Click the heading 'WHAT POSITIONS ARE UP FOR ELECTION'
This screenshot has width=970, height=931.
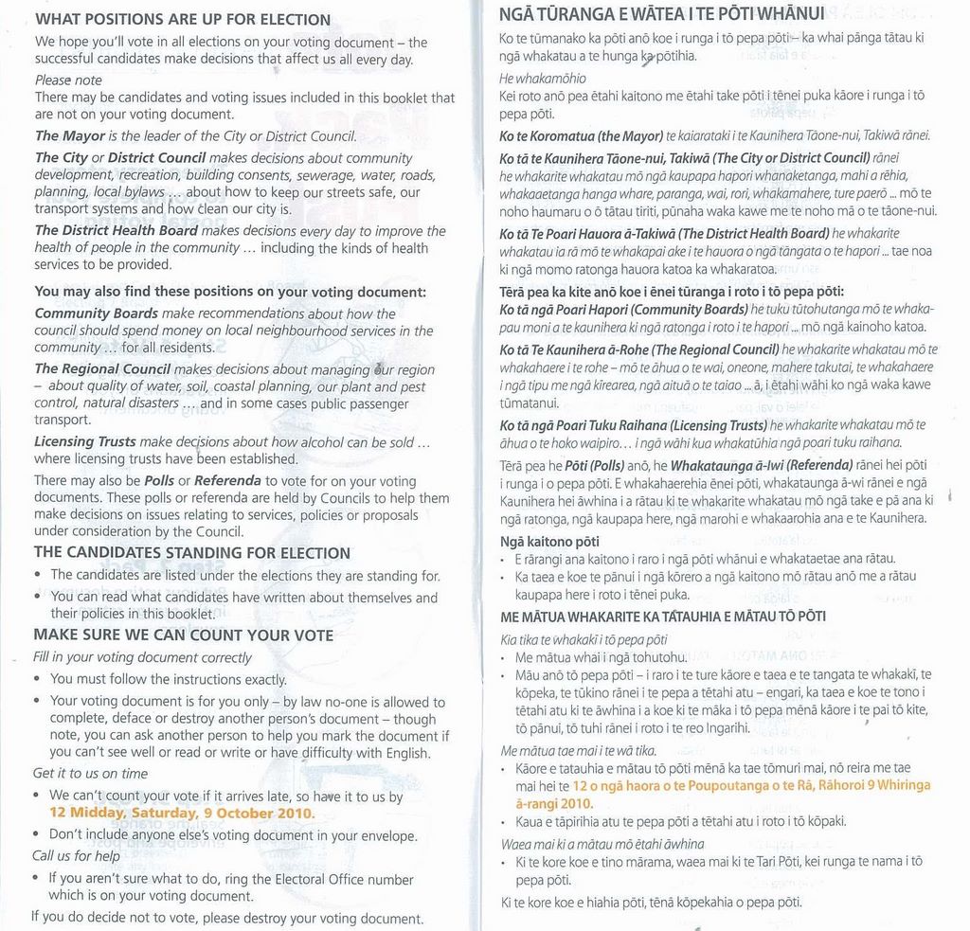183,20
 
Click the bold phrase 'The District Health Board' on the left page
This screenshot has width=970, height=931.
117,231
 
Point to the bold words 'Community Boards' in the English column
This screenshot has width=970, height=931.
96,313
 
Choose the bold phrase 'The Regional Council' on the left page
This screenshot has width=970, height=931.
102,369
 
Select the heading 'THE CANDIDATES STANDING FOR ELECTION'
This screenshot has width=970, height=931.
192,553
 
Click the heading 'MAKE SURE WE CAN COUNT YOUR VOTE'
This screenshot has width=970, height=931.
183,635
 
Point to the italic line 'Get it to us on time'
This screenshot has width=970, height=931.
90,773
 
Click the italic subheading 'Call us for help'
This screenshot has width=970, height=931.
76,856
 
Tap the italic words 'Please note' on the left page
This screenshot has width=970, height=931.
68,81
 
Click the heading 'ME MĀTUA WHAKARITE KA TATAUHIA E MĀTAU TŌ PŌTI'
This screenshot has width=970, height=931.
662,617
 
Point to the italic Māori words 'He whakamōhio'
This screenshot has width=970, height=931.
543,78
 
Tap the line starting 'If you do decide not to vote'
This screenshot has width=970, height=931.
227,918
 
